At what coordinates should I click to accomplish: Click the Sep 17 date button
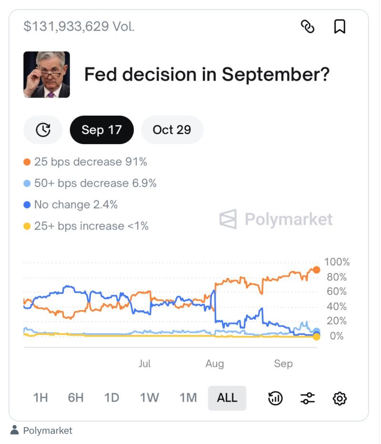click(x=101, y=129)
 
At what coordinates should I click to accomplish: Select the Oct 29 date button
click(x=172, y=129)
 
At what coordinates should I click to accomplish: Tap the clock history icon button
click(x=43, y=129)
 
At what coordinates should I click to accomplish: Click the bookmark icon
click(x=339, y=27)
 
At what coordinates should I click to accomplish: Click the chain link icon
click(x=308, y=27)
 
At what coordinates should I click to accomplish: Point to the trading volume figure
click(x=79, y=27)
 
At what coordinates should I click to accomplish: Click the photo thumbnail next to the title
click(x=47, y=75)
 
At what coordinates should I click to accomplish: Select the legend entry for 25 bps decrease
click(x=86, y=162)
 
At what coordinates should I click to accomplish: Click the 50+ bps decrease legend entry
click(x=90, y=183)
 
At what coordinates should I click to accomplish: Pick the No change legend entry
click(x=71, y=205)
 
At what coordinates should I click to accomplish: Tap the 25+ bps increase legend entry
click(x=86, y=226)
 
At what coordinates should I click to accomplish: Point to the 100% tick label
click(x=337, y=262)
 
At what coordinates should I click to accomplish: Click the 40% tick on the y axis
click(x=337, y=306)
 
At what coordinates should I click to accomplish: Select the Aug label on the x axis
click(x=214, y=364)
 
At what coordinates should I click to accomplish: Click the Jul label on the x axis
click(x=145, y=364)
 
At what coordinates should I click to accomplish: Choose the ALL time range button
click(x=227, y=398)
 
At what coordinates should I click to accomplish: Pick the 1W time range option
click(x=150, y=398)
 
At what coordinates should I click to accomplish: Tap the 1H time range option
click(x=40, y=398)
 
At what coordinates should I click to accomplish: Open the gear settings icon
click(x=339, y=398)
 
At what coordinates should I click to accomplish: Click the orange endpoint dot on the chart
click(x=316, y=270)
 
